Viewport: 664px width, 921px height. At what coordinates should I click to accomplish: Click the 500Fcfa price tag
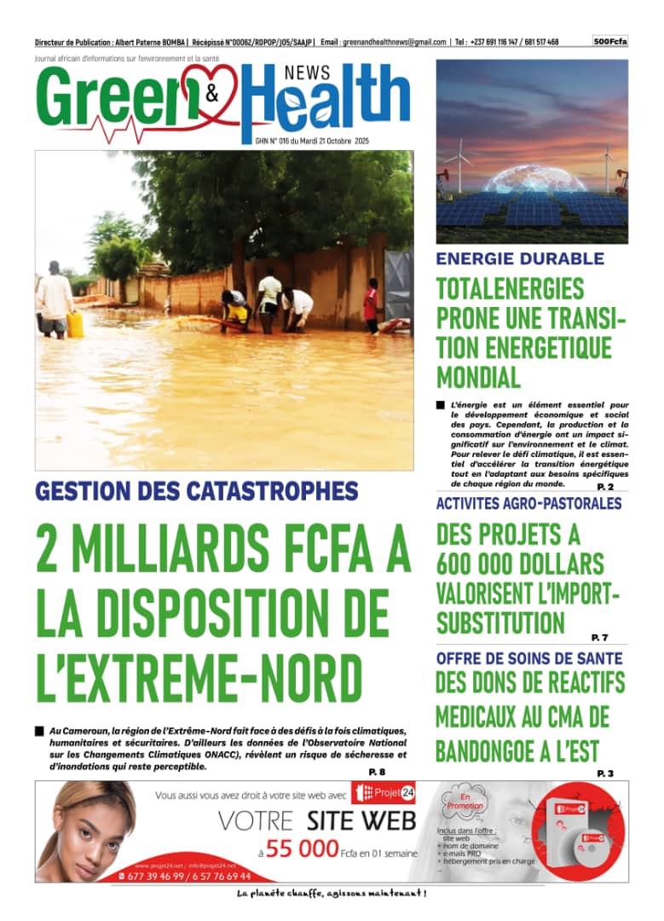click(x=610, y=41)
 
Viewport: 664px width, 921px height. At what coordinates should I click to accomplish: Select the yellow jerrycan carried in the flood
click(x=75, y=324)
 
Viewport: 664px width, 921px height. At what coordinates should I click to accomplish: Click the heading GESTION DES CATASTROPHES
click(x=197, y=491)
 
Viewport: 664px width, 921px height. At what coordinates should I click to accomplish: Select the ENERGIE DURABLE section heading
click(x=520, y=259)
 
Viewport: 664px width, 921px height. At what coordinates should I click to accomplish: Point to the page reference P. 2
click(x=605, y=487)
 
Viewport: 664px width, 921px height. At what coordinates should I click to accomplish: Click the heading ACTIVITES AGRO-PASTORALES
click(x=528, y=504)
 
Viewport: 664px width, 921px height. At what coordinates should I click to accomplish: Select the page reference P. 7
click(x=599, y=637)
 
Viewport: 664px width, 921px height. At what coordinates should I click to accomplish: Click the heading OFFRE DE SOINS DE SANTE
click(x=528, y=658)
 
